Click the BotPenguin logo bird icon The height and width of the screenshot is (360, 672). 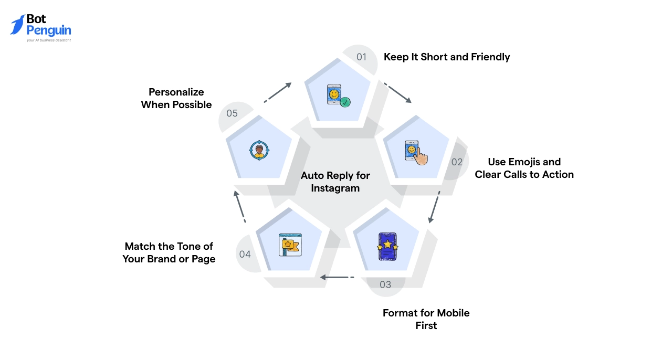(17, 25)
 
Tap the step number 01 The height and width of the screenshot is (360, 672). (361, 57)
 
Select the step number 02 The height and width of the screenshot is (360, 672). (457, 162)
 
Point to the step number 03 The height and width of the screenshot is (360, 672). (385, 284)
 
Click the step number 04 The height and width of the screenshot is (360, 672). (245, 255)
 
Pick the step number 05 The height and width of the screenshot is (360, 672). (232, 113)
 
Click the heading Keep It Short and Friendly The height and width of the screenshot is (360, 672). (447, 57)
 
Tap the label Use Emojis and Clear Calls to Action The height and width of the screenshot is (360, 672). (524, 168)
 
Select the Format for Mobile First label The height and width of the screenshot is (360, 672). (426, 319)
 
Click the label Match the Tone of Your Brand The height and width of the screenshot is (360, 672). (169, 252)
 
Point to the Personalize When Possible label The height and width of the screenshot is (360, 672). (176, 98)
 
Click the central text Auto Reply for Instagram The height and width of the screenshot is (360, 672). (335, 182)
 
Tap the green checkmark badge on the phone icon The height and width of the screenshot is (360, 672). (345, 102)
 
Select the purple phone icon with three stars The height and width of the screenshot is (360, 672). (387, 246)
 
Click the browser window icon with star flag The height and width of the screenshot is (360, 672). (290, 245)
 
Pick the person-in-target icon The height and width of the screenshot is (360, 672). (259, 150)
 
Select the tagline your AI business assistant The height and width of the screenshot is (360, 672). (48, 40)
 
